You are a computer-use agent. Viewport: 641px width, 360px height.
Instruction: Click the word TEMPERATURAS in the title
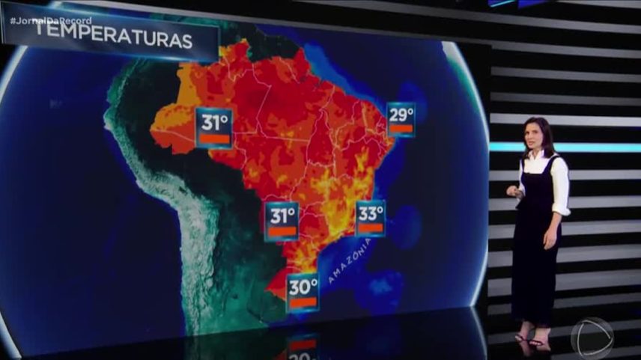(115, 41)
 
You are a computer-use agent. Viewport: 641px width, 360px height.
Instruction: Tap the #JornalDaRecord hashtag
(51, 20)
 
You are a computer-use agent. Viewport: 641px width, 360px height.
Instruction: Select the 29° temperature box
(401, 119)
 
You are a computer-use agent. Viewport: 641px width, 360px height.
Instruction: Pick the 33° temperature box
(370, 219)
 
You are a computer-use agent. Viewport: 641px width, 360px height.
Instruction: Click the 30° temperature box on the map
(303, 292)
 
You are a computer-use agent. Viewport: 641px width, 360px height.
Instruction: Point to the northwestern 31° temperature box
(213, 127)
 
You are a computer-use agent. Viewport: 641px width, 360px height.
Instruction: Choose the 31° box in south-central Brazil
(282, 221)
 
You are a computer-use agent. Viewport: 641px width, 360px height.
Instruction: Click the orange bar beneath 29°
(401, 129)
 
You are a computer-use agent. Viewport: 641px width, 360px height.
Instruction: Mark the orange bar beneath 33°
(370, 228)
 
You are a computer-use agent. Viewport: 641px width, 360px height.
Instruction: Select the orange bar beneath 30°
(303, 302)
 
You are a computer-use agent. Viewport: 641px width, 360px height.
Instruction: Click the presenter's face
(538, 136)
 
